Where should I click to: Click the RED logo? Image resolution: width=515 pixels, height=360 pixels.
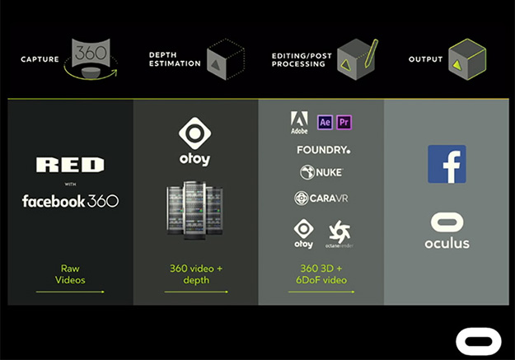click(x=70, y=166)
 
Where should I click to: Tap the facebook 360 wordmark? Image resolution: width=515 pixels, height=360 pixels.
click(x=70, y=201)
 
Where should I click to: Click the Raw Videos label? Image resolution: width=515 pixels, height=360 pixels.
click(x=70, y=274)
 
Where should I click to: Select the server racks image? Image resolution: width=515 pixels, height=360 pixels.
click(x=195, y=210)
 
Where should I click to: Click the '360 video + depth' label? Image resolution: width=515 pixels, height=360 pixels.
click(x=195, y=274)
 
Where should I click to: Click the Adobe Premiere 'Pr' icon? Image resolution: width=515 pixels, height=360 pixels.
click(x=344, y=122)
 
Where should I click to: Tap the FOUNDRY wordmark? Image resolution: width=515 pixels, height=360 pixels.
click(x=323, y=150)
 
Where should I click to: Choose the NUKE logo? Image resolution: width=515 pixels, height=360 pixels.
click(x=321, y=172)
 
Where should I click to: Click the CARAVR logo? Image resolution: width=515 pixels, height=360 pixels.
click(x=321, y=199)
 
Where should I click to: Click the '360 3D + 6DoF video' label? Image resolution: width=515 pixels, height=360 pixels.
click(x=321, y=274)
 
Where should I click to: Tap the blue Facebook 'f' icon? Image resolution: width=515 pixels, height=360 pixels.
click(x=447, y=164)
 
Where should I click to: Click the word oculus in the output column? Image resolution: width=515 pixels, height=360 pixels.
click(x=447, y=244)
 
